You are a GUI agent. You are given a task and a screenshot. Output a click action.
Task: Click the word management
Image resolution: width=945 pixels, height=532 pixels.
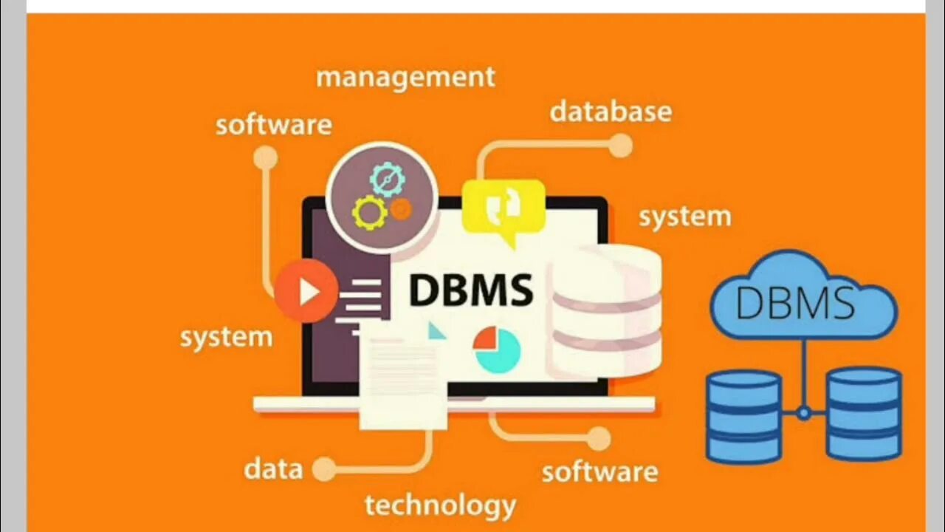point(405,78)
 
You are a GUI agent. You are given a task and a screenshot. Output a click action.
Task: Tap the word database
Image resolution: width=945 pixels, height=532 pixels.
point(611,112)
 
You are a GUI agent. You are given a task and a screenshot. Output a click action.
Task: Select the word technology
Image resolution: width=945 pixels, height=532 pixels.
point(440,506)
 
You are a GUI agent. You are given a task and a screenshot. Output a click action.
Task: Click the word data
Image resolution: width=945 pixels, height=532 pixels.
point(273,469)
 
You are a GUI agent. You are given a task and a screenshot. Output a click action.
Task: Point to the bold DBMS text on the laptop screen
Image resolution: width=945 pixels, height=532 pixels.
point(470,290)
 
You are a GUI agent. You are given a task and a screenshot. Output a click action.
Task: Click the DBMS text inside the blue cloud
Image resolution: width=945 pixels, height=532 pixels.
point(795,303)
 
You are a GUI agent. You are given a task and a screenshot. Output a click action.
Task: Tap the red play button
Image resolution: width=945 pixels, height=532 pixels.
point(306,291)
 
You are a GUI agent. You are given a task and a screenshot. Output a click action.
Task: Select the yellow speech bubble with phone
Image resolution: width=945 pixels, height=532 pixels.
point(504,209)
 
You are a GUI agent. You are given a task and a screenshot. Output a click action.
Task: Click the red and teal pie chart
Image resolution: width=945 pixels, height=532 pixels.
point(497,349)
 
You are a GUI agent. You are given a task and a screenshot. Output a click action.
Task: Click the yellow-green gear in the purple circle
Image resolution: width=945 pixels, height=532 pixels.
point(369,213)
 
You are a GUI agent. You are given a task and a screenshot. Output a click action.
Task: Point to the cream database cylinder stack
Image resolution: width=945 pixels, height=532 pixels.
point(607,310)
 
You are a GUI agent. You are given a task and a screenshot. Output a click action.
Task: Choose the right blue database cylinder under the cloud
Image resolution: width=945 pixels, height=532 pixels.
point(864,414)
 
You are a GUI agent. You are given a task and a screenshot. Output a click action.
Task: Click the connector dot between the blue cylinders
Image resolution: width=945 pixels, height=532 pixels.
point(804,413)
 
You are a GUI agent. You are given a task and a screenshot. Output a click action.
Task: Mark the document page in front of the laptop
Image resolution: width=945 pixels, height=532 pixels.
point(403,381)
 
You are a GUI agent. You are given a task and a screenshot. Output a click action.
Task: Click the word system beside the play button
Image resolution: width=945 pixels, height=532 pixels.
point(226,338)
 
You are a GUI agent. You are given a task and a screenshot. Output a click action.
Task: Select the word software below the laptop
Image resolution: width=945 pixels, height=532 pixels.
point(599,472)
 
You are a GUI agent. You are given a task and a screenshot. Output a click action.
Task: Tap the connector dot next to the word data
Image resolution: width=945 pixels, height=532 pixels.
point(323,468)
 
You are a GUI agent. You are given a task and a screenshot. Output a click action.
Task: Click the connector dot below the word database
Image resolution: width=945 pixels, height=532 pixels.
point(620,146)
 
